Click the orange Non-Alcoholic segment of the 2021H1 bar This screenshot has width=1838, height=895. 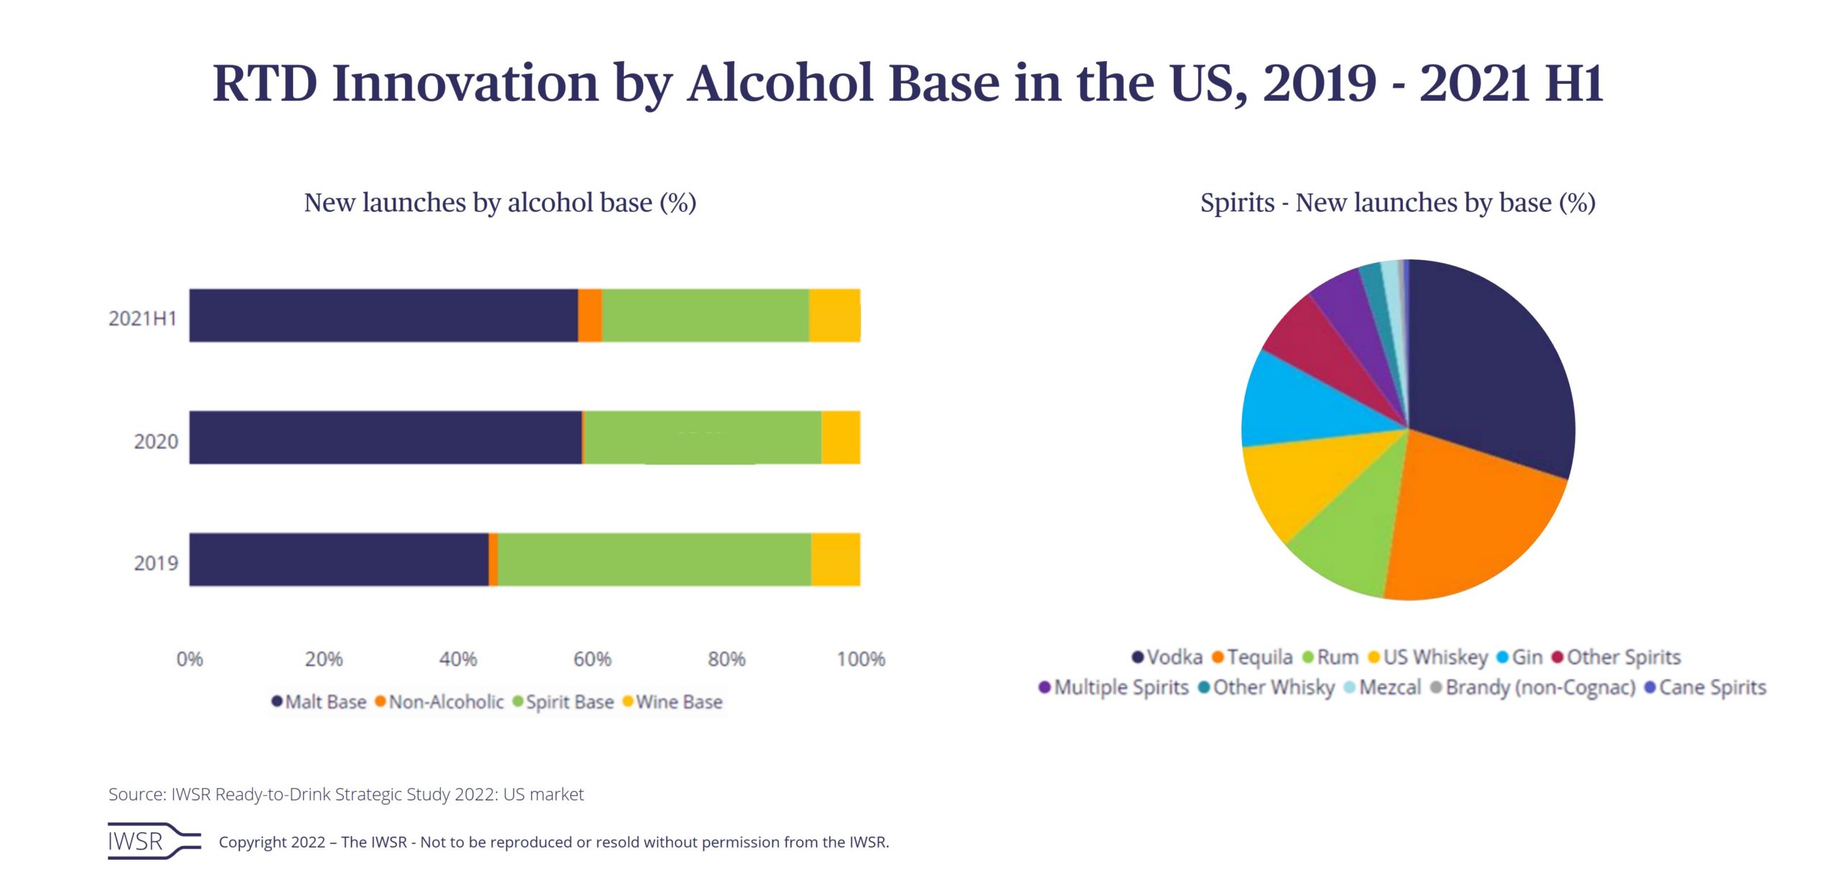589,315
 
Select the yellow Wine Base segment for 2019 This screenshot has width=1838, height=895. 835,560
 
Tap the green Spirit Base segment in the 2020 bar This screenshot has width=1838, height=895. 702,437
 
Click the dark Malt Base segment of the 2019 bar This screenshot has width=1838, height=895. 338,560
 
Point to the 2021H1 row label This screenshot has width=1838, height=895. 142,318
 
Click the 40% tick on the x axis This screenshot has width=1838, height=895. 458,659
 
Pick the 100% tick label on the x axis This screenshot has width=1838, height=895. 860,659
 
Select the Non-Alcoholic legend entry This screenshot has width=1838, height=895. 439,702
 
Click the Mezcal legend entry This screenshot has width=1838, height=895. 1383,687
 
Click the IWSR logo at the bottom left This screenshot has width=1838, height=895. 153,840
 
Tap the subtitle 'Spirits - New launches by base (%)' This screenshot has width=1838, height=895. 1397,203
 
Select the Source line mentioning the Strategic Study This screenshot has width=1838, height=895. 345,794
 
